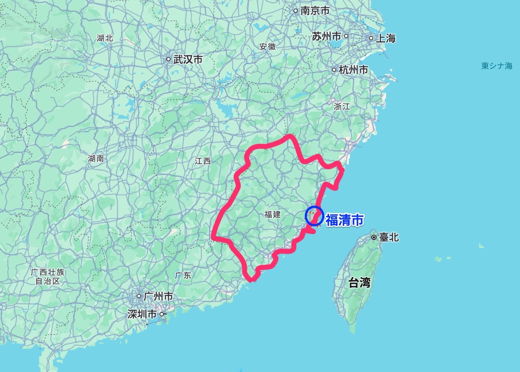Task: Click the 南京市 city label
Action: pos(315,11)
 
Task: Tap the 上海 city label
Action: pos(385,38)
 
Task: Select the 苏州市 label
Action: pos(326,36)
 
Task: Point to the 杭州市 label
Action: pos(354,70)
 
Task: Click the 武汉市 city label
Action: pos(188,60)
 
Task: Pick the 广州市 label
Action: pos(158,297)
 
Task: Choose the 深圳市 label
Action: pos(142,314)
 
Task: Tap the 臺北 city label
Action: pos(388,237)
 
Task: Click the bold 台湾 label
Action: pos(360,283)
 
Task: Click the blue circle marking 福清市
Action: pos(314,216)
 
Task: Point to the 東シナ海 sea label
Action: pos(497,66)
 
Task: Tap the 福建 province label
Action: pos(272,214)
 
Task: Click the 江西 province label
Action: pos(202,161)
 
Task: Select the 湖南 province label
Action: pos(95,159)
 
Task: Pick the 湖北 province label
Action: pos(105,38)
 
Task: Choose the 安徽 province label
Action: pos(267,47)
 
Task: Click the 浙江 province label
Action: pos(342,106)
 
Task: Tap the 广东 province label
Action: pos(183,275)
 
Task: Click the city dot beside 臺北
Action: pos(374,237)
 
